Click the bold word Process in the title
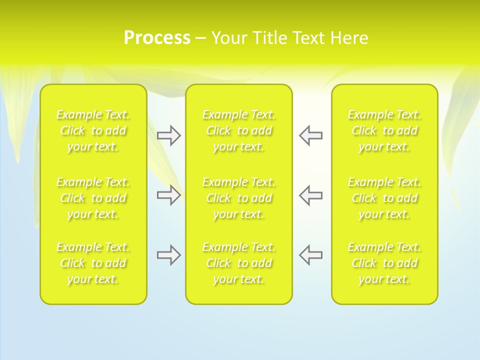pyautogui.click(x=157, y=38)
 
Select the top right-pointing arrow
pyautogui.click(x=168, y=135)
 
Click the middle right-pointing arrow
pyautogui.click(x=168, y=195)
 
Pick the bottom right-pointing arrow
pyautogui.click(x=168, y=255)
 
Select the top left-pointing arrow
pyautogui.click(x=311, y=135)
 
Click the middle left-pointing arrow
pyautogui.click(x=311, y=195)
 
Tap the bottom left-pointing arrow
pyautogui.click(x=311, y=255)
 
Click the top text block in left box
pyautogui.click(x=93, y=130)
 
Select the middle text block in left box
pyautogui.click(x=93, y=198)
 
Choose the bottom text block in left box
pyautogui.click(x=93, y=263)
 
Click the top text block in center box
pyautogui.click(x=238, y=130)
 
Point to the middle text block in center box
pyautogui.click(x=238, y=198)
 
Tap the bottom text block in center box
pyautogui.click(x=238, y=263)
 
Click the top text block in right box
pyautogui.click(x=384, y=130)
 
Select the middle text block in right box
pyautogui.click(x=384, y=198)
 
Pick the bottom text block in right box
pyautogui.click(x=384, y=263)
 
